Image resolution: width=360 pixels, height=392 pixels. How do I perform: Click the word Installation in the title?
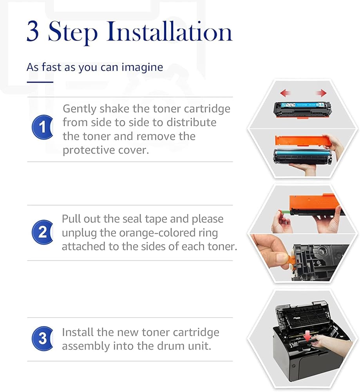pyautogui.click(x=170, y=32)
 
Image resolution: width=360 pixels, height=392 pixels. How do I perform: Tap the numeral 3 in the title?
pyautogui.click(x=33, y=32)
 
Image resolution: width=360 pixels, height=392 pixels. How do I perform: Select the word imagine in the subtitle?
pyautogui.click(x=142, y=68)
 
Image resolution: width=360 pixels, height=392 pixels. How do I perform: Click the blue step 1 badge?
pyautogui.click(x=42, y=127)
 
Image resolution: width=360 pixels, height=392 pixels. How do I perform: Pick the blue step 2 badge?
pyautogui.click(x=42, y=232)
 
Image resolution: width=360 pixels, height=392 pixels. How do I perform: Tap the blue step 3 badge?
pyautogui.click(x=42, y=339)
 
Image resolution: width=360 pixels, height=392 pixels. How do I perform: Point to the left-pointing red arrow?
pyautogui.click(x=285, y=93)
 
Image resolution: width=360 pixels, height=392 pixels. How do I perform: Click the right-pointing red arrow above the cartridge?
pyautogui.click(x=321, y=93)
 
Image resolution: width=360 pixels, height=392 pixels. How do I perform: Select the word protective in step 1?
pyautogui.click(x=86, y=151)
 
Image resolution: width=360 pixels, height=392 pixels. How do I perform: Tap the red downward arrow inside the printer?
pyautogui.click(x=308, y=336)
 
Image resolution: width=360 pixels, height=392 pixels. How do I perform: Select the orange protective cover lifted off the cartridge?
pyautogui.click(x=300, y=140)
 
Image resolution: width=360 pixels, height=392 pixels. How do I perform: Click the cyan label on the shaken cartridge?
pyautogui.click(x=301, y=105)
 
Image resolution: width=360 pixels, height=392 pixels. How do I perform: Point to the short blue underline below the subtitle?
pyautogui.click(x=40, y=82)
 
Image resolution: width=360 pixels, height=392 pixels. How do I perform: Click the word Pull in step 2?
pyautogui.click(x=71, y=219)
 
